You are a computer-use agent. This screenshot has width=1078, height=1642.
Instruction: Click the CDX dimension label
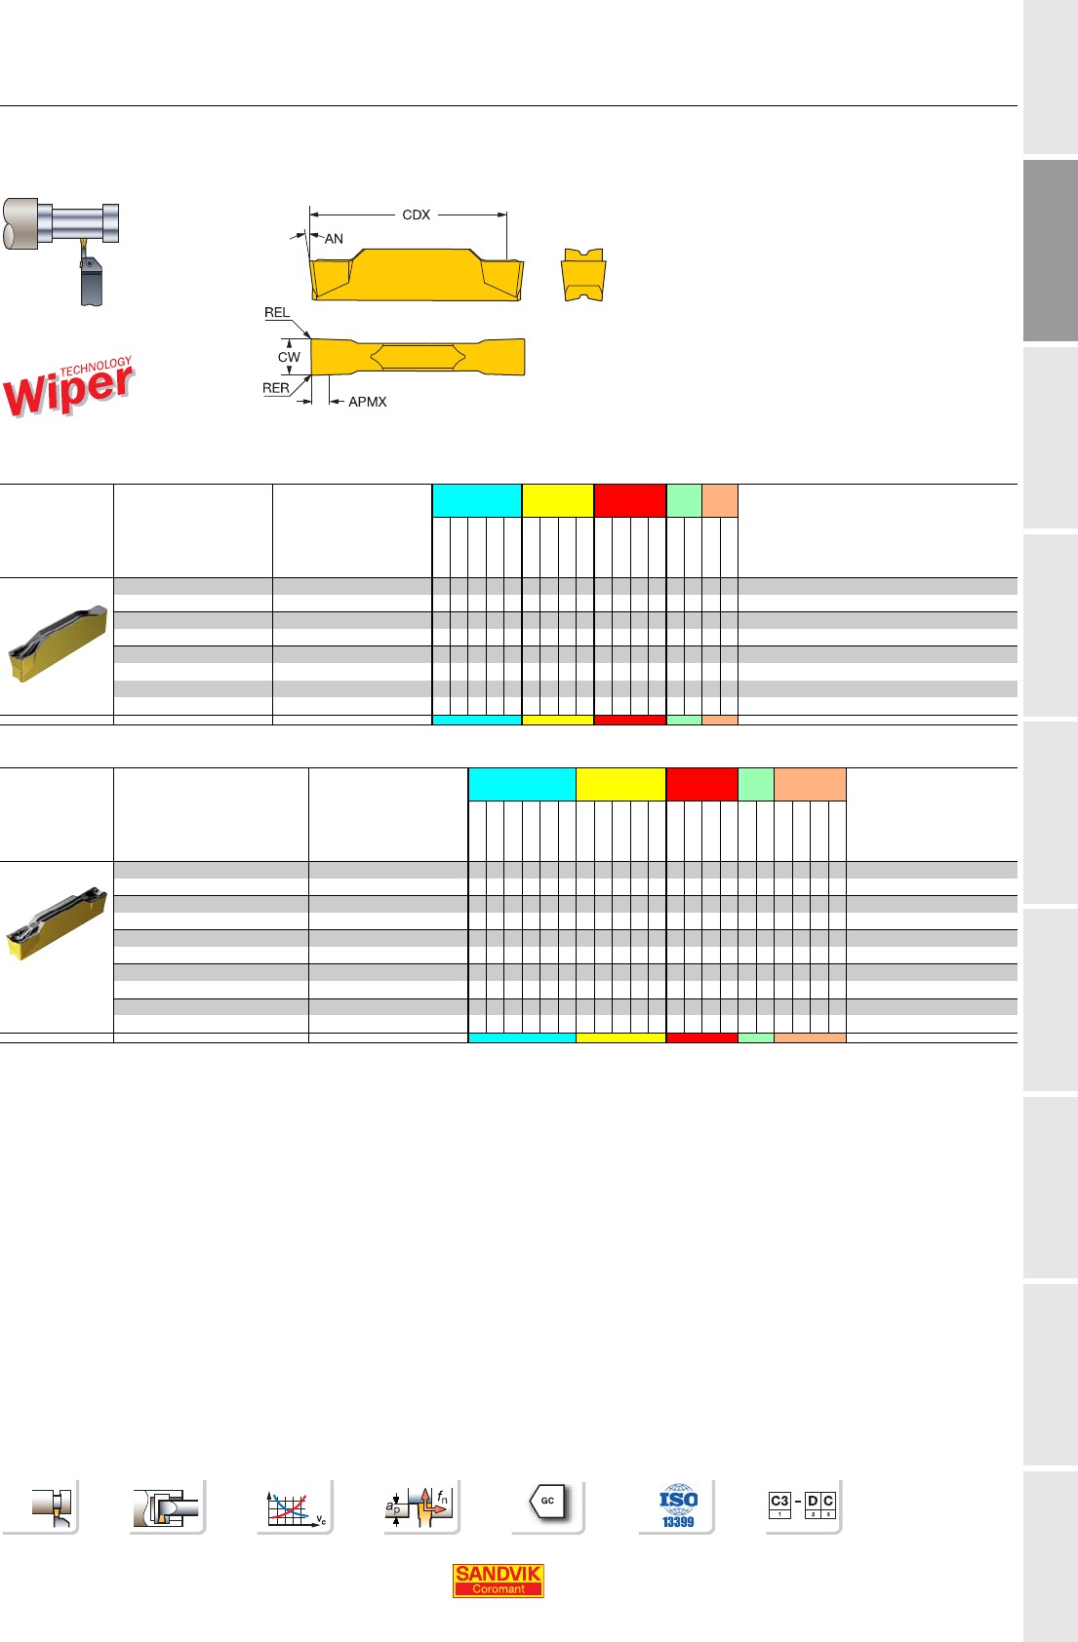pos(416,215)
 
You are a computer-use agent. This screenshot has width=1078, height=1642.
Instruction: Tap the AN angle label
pos(334,238)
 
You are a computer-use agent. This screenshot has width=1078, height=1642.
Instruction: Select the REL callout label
pos(276,312)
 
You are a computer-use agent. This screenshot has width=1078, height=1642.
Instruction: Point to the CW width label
pos(289,357)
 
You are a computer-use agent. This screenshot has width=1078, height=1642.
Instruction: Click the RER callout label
pos(276,388)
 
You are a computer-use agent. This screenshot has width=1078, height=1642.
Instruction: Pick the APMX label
pos(368,402)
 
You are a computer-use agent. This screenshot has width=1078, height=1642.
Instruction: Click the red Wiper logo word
pos(67,391)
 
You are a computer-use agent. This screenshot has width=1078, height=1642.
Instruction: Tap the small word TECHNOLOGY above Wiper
pos(96,367)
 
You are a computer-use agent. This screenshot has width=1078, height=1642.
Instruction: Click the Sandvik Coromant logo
pos(498,1580)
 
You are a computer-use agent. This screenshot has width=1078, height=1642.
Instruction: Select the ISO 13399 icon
pos(678,1505)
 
